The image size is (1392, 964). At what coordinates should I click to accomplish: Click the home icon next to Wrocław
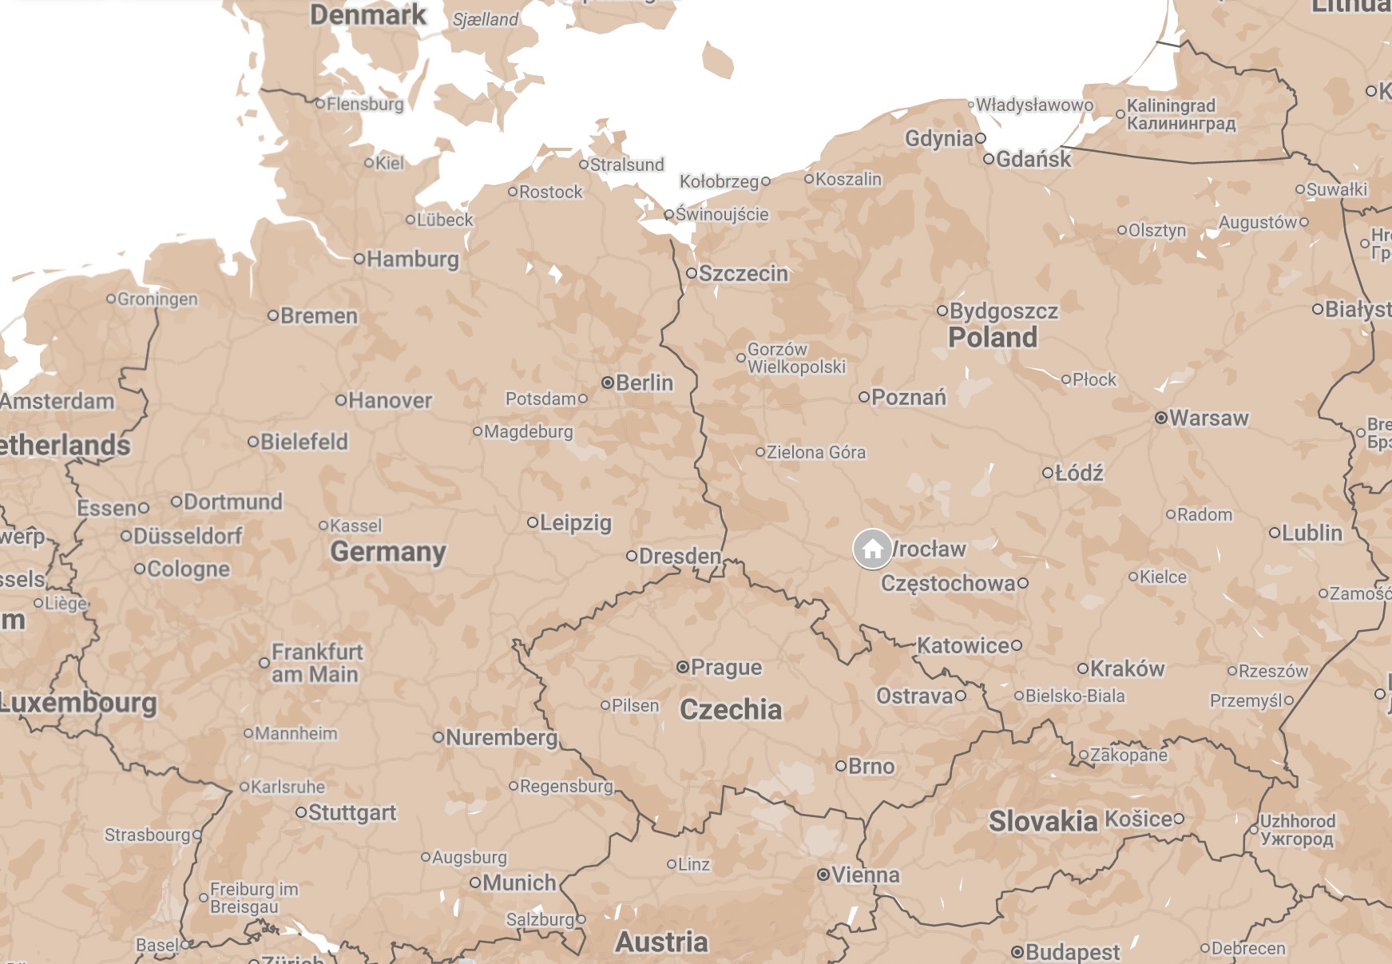point(872,549)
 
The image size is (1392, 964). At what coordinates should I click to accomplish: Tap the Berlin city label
point(644,383)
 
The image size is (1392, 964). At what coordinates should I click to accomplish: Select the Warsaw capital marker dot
point(1161,418)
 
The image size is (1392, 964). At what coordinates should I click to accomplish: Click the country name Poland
point(992,337)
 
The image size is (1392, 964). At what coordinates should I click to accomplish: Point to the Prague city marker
point(683,667)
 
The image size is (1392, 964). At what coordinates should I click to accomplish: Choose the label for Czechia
point(730,709)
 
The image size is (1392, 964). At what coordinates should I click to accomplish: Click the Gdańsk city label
point(1033,159)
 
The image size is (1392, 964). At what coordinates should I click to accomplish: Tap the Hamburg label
point(412,259)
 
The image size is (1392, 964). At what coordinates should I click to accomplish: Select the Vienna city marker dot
point(823,875)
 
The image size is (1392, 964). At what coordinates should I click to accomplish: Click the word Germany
point(388,551)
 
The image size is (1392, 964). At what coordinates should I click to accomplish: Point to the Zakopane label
point(1128,755)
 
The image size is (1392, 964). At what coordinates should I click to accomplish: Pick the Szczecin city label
point(743,273)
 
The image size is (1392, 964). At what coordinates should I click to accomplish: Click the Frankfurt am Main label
point(317,663)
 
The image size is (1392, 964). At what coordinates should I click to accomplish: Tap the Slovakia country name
point(1043,820)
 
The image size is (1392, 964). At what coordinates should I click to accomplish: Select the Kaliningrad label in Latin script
point(1170,105)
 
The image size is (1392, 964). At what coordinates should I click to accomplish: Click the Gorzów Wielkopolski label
point(795,358)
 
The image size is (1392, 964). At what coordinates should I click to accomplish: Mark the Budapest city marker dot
point(1017,951)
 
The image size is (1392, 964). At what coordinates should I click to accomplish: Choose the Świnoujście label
point(721,214)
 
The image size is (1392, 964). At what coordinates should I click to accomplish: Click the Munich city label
point(518,883)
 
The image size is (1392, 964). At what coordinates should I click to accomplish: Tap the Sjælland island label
point(486,19)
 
